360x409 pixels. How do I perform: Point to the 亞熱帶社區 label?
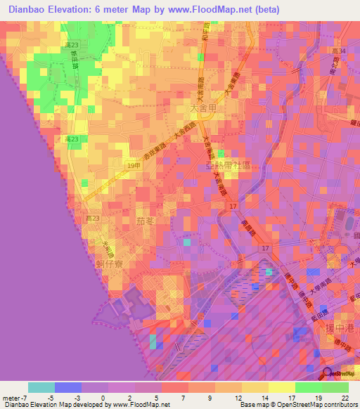(x=229, y=167)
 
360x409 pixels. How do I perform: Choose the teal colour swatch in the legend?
(x=41, y=387)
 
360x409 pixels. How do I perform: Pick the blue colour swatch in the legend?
(x=67, y=387)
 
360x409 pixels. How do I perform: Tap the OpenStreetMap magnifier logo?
(x=327, y=374)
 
